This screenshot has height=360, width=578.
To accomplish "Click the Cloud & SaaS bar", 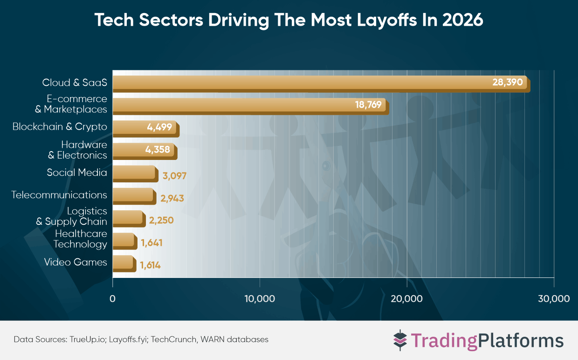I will point(298,83).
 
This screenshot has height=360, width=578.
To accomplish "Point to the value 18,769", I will point(368,105).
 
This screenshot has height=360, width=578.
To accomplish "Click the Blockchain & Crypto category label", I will point(60,127).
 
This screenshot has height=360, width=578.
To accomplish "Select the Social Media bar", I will point(134,173).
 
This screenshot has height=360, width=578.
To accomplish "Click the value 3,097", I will point(175,176).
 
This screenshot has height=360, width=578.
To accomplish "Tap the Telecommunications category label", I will point(59,195).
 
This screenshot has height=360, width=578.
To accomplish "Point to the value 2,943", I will point(172,198).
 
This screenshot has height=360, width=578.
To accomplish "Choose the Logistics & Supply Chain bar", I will point(128,218).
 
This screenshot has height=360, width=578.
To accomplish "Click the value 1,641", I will point(151,243).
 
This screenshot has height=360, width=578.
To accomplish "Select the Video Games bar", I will point(124,263).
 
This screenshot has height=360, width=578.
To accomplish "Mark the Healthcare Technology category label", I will point(80,239).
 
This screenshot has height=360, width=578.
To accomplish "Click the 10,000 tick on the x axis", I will point(260,298).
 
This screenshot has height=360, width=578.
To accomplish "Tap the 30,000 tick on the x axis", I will point(554,298).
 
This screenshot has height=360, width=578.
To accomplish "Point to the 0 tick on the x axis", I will point(112,298).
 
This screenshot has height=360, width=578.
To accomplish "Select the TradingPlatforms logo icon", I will point(400,340).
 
